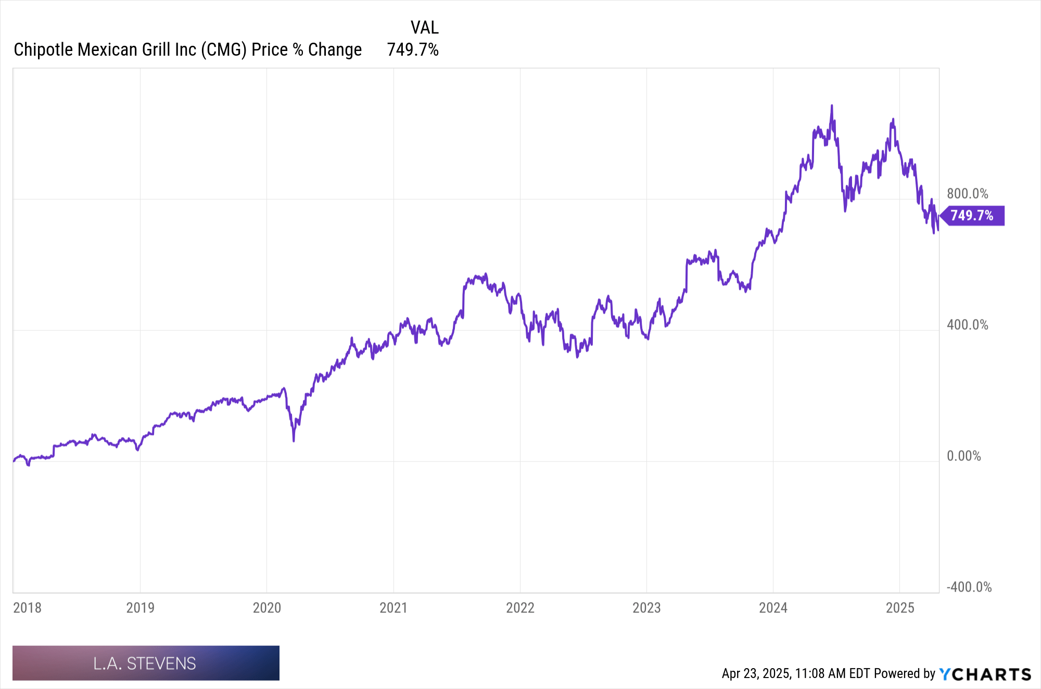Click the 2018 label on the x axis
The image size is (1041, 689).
(27, 607)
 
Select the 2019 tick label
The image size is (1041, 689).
(140, 607)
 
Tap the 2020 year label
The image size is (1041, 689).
(266, 607)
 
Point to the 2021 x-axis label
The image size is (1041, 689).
(393, 607)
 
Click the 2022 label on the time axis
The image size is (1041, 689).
(520, 607)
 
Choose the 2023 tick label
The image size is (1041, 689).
(646, 607)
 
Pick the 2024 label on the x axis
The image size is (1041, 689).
(773, 607)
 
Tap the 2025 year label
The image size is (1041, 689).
(900, 607)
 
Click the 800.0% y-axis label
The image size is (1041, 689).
(967, 194)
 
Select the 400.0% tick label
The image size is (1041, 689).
(967, 325)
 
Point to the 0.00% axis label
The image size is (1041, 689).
(963, 456)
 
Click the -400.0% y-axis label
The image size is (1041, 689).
(969, 587)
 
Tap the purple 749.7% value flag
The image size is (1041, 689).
(972, 215)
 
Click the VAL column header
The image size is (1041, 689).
(424, 27)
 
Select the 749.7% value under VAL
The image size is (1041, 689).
(413, 49)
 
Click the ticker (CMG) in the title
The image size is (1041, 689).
(224, 49)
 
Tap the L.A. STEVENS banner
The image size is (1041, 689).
(146, 663)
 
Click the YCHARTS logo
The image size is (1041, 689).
(985, 674)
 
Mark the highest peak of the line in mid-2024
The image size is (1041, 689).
(831, 106)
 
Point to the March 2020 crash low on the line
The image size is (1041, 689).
(294, 440)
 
